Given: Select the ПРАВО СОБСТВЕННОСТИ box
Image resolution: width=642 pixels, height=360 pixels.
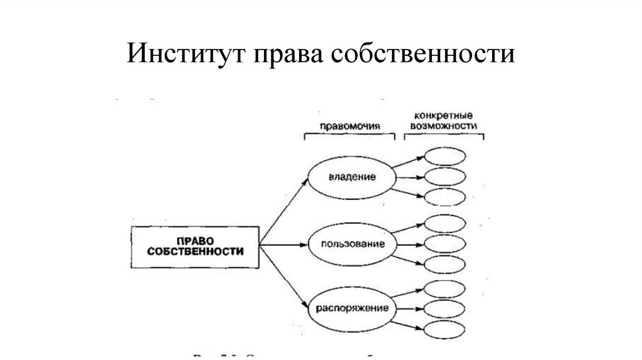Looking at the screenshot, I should [x=195, y=245].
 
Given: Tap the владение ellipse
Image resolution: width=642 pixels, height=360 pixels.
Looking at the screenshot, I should [x=352, y=177].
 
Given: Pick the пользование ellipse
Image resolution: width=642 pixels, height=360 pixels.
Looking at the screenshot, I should [x=352, y=243].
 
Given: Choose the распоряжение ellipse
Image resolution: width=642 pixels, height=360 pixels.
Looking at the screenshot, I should [x=352, y=309].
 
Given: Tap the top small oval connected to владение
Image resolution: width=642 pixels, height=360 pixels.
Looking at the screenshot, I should [x=445, y=156].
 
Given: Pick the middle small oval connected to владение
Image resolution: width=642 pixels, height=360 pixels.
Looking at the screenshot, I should [x=445, y=176].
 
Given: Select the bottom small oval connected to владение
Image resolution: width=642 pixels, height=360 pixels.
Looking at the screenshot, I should [x=445, y=196].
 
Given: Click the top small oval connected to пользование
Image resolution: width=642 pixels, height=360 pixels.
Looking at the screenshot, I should [x=445, y=223].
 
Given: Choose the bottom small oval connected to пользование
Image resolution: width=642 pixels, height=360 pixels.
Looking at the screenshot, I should [x=445, y=263].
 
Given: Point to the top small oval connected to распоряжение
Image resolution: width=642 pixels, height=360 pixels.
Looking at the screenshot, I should [x=445, y=289].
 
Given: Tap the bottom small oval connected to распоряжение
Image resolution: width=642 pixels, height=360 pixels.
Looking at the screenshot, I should [x=445, y=329].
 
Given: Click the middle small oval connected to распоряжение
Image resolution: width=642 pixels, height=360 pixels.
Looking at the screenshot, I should [x=445, y=309].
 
